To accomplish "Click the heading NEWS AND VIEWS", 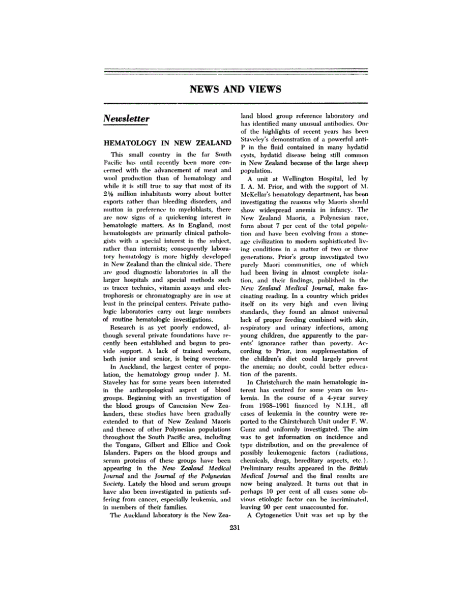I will [235, 89].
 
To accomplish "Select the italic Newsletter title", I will [126, 118].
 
